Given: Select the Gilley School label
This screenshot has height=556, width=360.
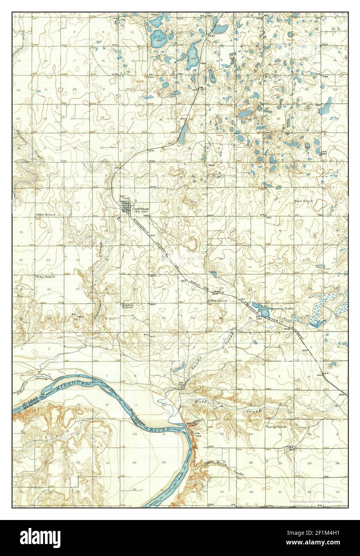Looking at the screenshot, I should click(x=45, y=215).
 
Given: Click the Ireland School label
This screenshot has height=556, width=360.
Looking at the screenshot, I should click(x=127, y=306).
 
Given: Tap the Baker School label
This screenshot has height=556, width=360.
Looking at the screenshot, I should click(x=217, y=301).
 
